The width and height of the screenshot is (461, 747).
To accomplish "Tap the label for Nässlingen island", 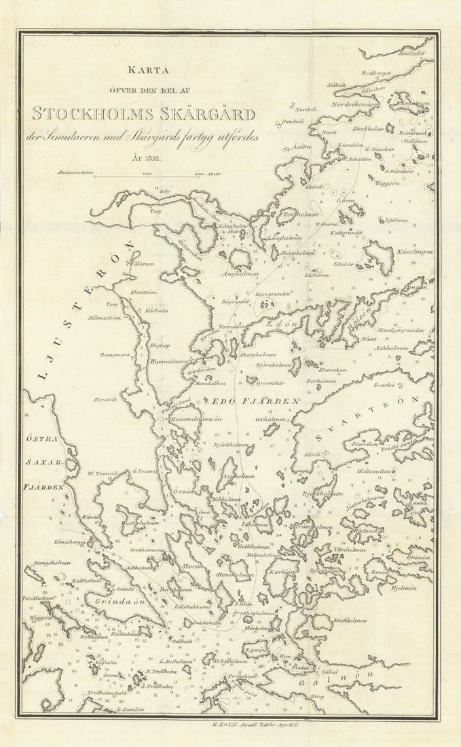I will click(414, 252).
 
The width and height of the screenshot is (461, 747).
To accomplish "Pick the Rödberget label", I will click(376, 73).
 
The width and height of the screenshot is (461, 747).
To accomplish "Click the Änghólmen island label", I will click(240, 274).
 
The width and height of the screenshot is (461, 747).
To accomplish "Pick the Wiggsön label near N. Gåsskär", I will click(384, 183).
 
